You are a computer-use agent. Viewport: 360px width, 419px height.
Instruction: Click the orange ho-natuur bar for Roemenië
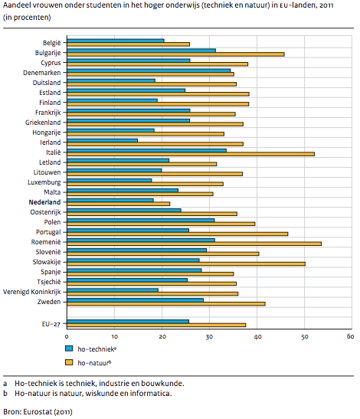tap(194, 244)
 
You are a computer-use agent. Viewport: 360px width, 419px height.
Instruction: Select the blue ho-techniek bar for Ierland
tap(102, 140)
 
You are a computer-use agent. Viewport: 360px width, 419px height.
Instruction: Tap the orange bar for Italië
tap(191, 154)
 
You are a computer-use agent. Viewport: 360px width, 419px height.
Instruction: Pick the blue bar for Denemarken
tap(149, 70)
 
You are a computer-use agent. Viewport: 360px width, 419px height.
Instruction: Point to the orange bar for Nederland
tap(118, 204)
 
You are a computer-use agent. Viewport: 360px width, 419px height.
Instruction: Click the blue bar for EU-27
tap(128, 322)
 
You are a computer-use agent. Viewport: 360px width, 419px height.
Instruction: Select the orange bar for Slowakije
tap(186, 264)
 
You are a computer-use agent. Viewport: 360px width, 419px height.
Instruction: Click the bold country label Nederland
tap(44, 202)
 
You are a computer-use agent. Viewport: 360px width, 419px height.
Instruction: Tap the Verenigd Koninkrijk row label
tap(32, 292)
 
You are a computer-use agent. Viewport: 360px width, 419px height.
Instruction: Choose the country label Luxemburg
tap(44, 182)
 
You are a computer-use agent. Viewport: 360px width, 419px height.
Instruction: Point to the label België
tap(52, 43)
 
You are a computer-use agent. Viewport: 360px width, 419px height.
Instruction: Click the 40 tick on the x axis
tap(257, 337)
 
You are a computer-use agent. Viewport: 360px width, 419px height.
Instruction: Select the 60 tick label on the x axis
tap(350, 336)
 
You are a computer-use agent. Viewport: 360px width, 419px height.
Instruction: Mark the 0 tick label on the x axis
tap(67, 337)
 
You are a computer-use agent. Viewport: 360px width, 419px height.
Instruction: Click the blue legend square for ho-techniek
tap(69, 349)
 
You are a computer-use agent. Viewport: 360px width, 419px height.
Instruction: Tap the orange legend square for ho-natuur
tap(69, 362)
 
